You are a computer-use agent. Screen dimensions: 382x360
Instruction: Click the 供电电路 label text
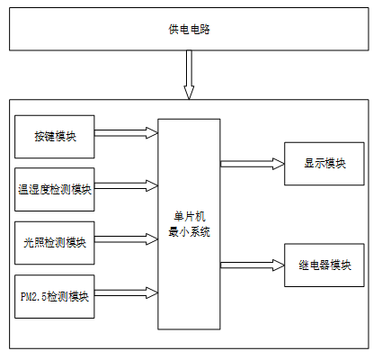189,30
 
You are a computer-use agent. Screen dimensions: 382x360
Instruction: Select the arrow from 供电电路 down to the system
189,75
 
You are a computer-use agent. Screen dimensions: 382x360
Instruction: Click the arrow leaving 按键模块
126,133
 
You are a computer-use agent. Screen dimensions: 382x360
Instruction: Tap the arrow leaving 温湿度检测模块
126,186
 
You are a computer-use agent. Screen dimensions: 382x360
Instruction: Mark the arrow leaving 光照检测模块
126,239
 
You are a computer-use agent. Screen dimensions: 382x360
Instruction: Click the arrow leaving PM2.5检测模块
126,293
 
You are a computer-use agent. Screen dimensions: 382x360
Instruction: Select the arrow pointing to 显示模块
253,164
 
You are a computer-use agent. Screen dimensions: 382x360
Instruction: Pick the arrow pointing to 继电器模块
253,265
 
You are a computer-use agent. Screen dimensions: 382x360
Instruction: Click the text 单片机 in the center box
190,216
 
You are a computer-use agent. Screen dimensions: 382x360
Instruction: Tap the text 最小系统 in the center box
190,232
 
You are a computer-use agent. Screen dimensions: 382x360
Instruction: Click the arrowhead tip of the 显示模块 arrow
284,164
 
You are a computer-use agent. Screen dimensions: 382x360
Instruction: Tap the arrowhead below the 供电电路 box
189,93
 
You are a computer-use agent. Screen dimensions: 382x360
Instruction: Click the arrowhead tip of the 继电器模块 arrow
284,265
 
